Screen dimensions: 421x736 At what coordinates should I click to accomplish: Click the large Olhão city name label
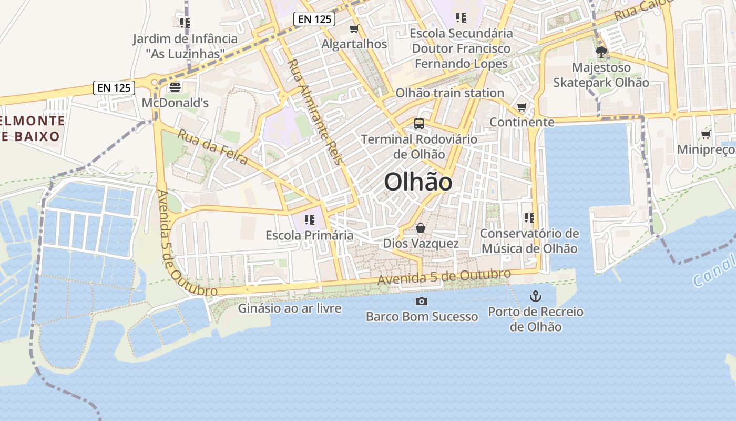(418, 182)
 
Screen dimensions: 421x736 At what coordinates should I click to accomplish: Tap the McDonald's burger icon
(175, 87)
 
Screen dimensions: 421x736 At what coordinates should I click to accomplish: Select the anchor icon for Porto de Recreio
(535, 296)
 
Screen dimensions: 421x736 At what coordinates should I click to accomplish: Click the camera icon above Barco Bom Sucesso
(421, 301)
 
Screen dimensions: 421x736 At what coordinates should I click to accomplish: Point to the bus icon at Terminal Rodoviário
(419, 124)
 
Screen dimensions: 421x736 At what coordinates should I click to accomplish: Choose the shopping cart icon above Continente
(522, 107)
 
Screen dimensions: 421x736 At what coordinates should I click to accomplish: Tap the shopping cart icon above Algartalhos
(354, 28)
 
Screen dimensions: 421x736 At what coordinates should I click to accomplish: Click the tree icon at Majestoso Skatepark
(601, 52)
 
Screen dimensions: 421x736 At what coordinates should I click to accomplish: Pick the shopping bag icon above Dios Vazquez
(421, 228)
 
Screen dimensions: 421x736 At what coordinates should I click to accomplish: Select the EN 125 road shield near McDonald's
(114, 87)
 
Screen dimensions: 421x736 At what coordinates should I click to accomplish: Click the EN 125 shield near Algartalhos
(314, 19)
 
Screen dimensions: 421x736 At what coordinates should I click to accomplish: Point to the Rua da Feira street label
(212, 146)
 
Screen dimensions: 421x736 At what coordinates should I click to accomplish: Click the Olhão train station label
(449, 93)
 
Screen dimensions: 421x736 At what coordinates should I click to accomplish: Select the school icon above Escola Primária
(309, 219)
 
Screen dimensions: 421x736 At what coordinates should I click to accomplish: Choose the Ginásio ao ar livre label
(290, 308)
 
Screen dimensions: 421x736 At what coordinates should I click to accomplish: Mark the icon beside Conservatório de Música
(529, 217)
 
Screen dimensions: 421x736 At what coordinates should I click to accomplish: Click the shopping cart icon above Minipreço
(706, 135)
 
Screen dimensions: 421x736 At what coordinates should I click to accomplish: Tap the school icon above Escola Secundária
(461, 18)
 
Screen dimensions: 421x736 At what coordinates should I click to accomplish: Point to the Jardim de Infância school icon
(185, 23)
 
